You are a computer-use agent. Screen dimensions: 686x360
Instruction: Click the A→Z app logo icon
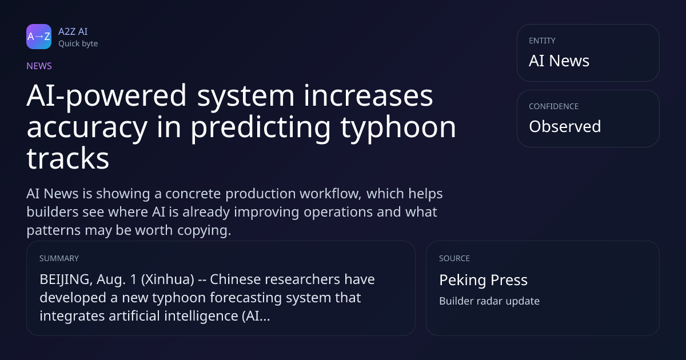click(39, 37)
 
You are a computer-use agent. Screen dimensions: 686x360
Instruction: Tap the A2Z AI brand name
click(73, 31)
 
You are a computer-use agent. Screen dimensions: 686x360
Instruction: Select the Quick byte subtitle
click(78, 44)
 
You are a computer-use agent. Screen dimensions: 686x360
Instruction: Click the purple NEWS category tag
click(39, 66)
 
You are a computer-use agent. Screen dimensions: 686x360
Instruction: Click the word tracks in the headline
click(67, 158)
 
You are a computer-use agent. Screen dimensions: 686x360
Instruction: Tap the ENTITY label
click(542, 41)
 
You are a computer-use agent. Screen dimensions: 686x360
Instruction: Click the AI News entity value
click(559, 61)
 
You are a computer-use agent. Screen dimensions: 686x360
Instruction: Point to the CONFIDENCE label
click(553, 106)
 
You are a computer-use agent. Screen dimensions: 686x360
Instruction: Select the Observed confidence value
click(565, 126)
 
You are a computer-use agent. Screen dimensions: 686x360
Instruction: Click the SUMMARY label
click(59, 258)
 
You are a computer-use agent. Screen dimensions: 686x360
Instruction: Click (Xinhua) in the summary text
click(167, 279)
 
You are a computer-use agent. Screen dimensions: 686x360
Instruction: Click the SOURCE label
click(454, 258)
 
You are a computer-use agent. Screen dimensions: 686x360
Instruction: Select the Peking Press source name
click(483, 280)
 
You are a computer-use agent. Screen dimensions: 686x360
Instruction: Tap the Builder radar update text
click(489, 301)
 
